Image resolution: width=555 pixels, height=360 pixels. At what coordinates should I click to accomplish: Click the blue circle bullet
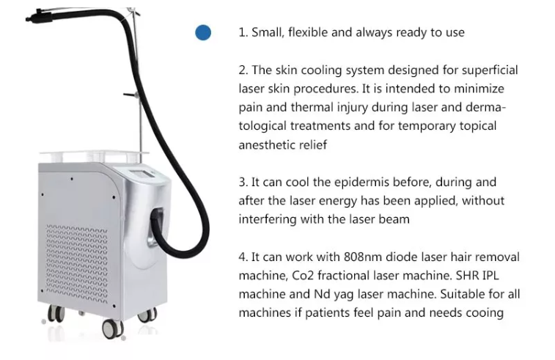click(202, 32)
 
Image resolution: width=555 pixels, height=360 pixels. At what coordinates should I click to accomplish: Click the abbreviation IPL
click(496, 275)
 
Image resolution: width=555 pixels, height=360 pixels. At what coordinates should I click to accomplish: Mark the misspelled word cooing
click(485, 313)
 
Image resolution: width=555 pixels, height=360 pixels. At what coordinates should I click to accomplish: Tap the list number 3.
click(243, 182)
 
